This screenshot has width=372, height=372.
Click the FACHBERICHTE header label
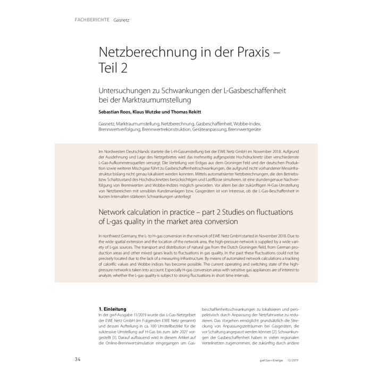pos(89,21)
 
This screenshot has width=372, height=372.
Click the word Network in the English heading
pos(117,212)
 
